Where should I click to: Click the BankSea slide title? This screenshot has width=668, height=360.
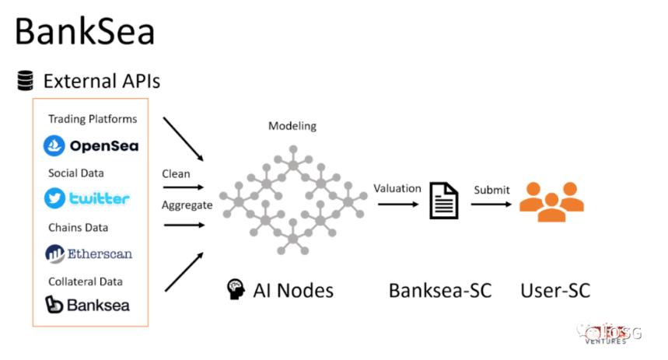click(84, 32)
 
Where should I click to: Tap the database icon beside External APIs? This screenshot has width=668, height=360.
click(25, 80)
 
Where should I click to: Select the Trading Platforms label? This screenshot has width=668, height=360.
click(93, 119)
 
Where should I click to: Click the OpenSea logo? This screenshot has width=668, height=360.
click(86, 145)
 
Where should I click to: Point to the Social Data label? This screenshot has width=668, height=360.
click(76, 173)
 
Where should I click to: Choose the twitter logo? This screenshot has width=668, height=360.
click(87, 199)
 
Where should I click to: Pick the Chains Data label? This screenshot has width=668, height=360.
click(78, 227)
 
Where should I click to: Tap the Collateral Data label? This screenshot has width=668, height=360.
click(86, 281)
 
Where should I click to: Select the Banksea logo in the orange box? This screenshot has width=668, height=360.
click(86, 305)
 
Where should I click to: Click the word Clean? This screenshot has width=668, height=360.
click(176, 173)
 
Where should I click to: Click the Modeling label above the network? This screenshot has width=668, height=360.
click(292, 126)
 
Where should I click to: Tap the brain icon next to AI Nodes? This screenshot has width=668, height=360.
click(236, 291)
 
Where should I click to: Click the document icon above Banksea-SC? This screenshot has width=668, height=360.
click(444, 200)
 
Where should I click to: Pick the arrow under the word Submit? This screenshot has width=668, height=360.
click(491, 204)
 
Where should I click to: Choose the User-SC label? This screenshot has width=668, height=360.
click(555, 291)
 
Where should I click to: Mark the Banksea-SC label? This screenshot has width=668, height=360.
click(440, 291)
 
